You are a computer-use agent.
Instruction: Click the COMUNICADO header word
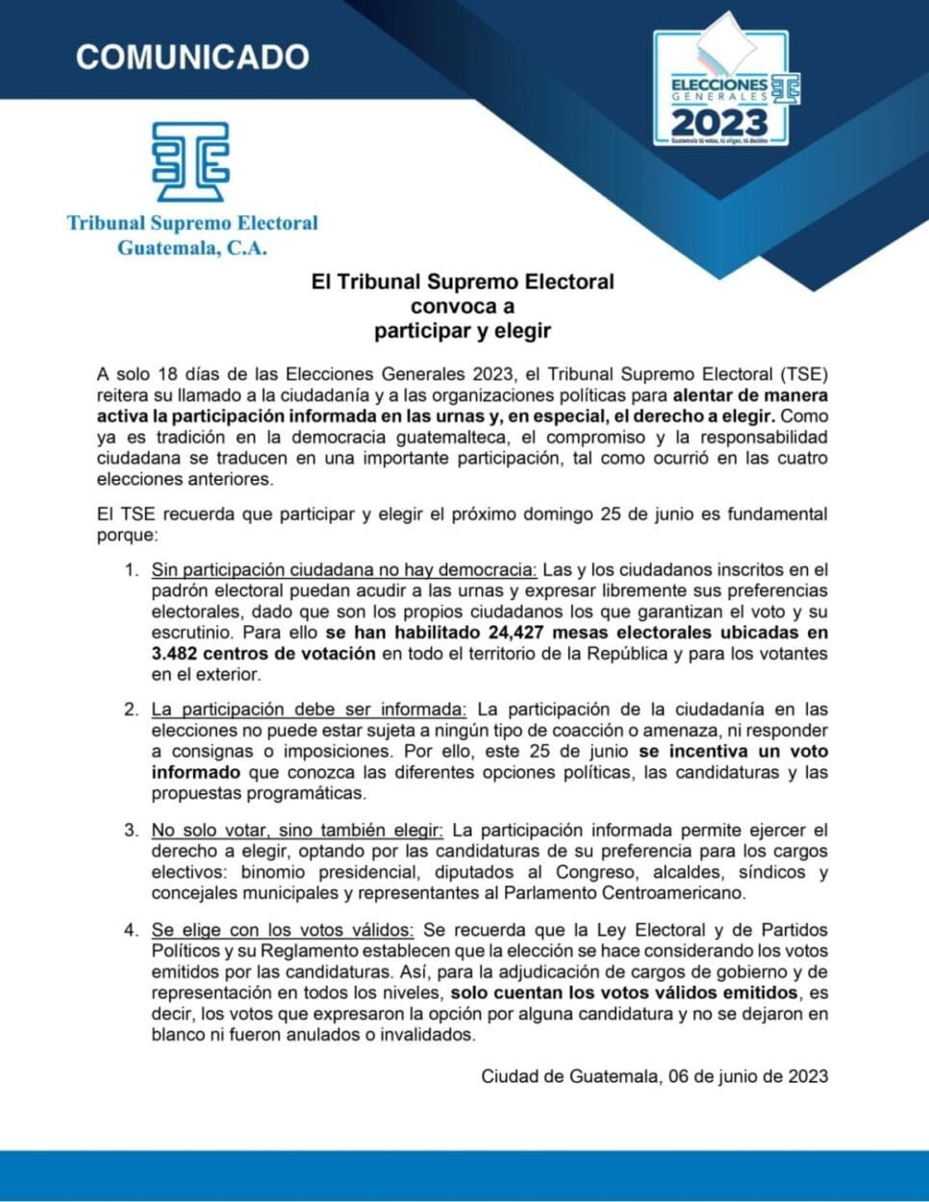tap(192, 57)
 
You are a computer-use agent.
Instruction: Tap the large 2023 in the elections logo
tap(719, 122)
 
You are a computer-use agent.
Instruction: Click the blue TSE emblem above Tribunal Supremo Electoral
tap(191, 161)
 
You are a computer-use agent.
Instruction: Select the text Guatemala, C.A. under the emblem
tap(191, 248)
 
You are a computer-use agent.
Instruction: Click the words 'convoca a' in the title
tap(462, 307)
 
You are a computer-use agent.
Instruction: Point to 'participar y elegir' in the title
tap(462, 331)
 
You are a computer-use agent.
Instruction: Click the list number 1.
tap(132, 570)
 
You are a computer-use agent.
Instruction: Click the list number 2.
tap(132, 710)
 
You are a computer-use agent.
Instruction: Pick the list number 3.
tap(132, 830)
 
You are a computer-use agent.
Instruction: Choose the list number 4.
tap(132, 930)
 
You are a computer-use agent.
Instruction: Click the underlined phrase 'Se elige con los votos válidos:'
tap(283, 930)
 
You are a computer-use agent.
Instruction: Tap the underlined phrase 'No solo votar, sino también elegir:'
tap(297, 830)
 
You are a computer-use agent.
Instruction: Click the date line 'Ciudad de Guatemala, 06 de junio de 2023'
tap(654, 1076)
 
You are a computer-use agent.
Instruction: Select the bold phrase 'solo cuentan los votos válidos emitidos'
tap(624, 992)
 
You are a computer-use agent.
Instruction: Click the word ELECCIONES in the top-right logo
tap(718, 85)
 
